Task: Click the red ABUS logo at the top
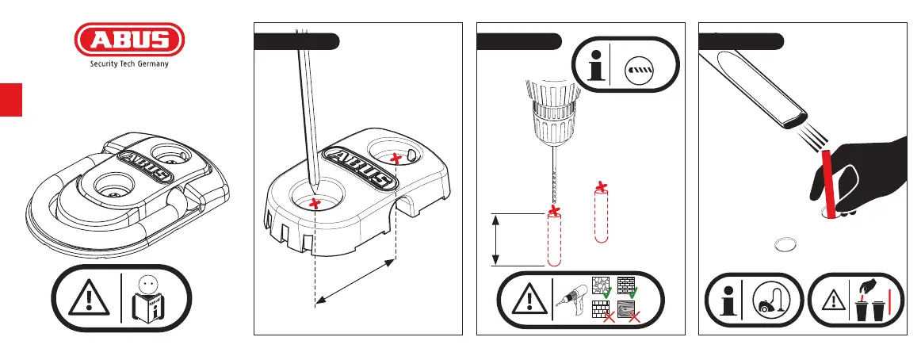tap(129, 41)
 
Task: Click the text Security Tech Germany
tap(129, 67)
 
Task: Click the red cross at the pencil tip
tap(315, 205)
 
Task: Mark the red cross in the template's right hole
tap(396, 160)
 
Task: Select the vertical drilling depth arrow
tap(495, 239)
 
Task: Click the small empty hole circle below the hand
tap(786, 244)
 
